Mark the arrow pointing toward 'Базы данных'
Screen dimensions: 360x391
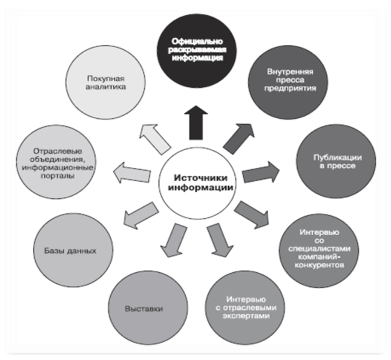[140, 214]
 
